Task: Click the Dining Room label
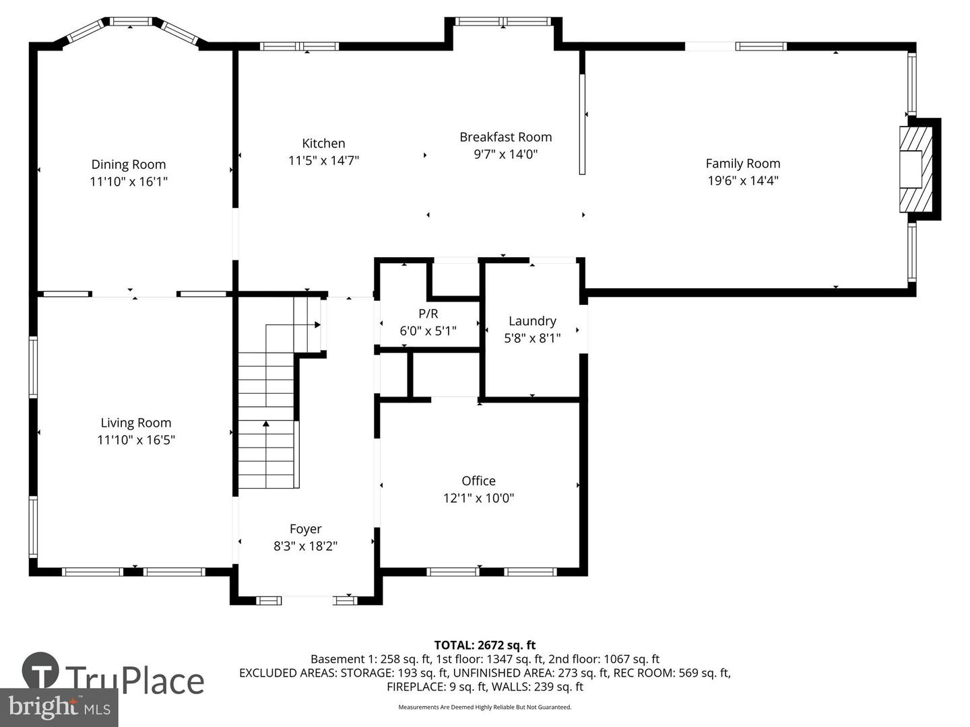129,164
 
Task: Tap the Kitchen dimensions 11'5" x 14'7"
323,161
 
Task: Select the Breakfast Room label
505,137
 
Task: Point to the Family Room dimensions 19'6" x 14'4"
742,180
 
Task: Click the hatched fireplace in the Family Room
916,169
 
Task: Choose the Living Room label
136,423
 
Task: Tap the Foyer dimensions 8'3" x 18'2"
305,546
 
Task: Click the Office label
478,481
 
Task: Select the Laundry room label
532,321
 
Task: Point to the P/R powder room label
428,314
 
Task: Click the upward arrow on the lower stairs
266,424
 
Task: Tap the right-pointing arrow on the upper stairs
317,324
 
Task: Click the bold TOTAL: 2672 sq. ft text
484,645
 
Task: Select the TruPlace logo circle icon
40,670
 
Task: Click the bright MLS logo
59,707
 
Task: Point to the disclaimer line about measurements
484,707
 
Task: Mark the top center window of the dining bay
131,22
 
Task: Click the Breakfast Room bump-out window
503,22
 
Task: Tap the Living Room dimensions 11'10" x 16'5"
136,440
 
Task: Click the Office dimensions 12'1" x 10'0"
478,498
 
